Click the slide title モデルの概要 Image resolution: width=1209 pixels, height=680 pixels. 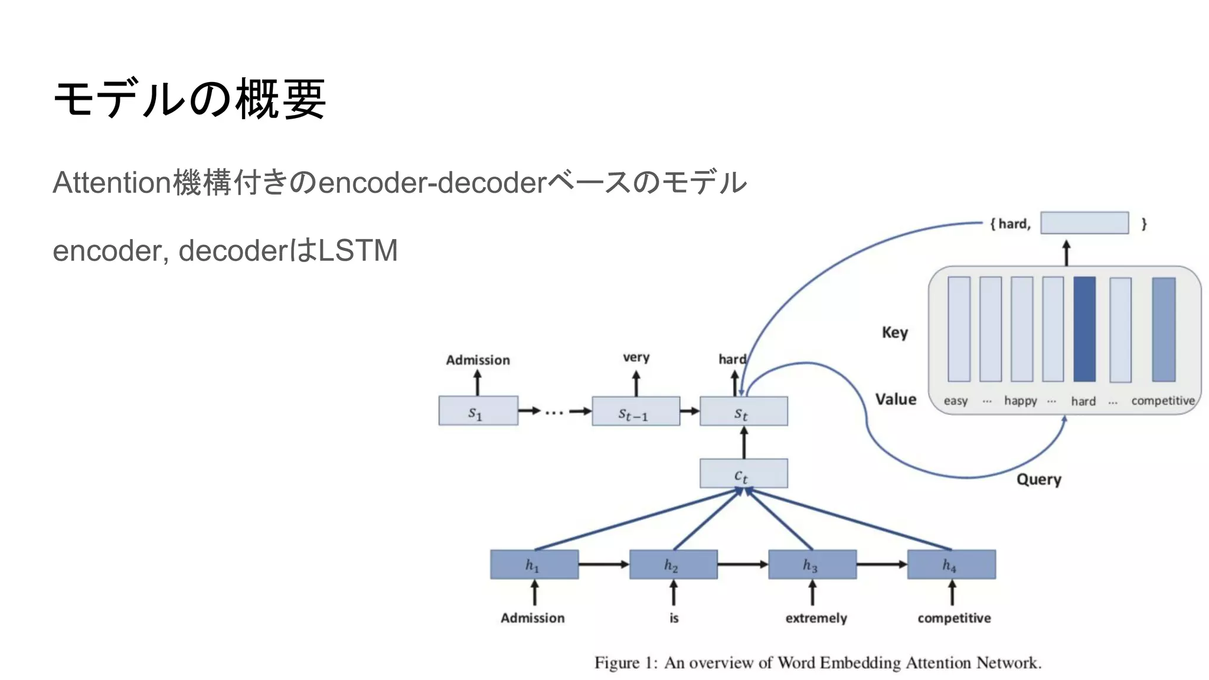(x=189, y=99)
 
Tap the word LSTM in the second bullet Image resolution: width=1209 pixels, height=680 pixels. (x=358, y=250)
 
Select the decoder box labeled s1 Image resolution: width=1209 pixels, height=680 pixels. (x=478, y=411)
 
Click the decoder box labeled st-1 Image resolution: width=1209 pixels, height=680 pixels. (x=635, y=412)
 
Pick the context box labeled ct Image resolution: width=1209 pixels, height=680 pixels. (x=743, y=474)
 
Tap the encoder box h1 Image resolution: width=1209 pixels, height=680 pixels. (x=534, y=565)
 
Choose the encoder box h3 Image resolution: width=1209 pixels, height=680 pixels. (x=812, y=565)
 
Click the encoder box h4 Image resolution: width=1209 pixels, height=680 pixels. (x=951, y=565)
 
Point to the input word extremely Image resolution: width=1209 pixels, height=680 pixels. (x=816, y=618)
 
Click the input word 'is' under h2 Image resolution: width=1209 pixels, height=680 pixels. (x=674, y=618)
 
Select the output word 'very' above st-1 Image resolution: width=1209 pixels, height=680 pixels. (x=636, y=357)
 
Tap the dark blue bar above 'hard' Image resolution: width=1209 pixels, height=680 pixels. (x=1084, y=329)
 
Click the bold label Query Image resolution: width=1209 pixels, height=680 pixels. (x=1038, y=479)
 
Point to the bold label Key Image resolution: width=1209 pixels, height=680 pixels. (x=894, y=332)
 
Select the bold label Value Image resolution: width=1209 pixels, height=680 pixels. (x=896, y=400)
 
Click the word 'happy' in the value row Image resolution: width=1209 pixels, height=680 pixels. (x=1020, y=401)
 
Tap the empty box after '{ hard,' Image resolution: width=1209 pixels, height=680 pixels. (x=1084, y=223)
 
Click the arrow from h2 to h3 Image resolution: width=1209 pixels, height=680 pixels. (x=743, y=565)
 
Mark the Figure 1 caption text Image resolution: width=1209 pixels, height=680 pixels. (x=818, y=663)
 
